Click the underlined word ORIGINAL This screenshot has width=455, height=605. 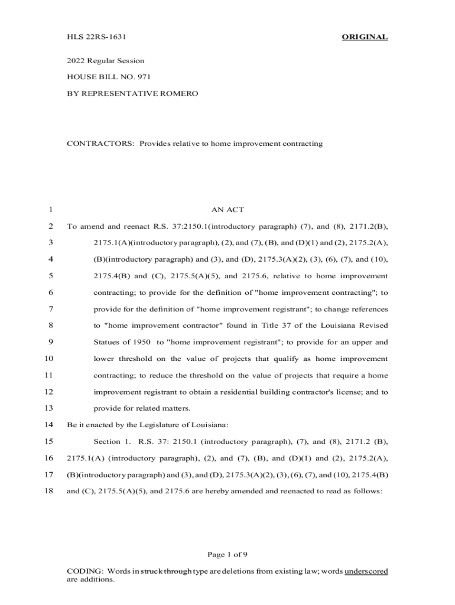[365, 37]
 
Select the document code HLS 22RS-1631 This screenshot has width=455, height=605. [97, 37]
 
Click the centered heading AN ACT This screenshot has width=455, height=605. [227, 210]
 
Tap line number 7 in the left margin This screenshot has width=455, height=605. [51, 309]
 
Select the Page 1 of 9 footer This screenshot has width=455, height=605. [227, 554]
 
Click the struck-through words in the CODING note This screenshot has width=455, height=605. [166, 571]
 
